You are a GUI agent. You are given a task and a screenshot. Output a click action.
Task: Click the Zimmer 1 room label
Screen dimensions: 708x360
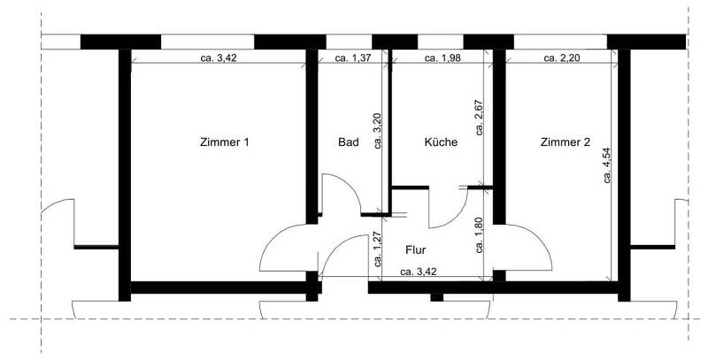(225, 142)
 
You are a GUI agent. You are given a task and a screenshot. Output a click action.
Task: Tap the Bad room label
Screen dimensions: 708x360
(349, 142)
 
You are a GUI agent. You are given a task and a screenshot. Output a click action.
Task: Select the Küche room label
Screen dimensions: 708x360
(441, 142)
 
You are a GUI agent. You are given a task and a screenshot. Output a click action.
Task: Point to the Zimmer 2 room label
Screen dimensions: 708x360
(566, 142)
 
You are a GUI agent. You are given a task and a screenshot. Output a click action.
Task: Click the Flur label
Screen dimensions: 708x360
(415, 250)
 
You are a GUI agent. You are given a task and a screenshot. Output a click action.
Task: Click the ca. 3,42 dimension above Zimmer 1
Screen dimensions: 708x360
(219, 57)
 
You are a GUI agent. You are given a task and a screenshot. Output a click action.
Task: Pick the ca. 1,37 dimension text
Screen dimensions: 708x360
(354, 57)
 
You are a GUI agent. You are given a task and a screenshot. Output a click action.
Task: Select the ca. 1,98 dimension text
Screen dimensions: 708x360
(442, 57)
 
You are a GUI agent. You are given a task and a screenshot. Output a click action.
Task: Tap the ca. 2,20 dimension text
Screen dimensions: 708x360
(562, 57)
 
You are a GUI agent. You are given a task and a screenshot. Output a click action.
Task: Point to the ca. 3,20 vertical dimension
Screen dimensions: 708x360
(379, 130)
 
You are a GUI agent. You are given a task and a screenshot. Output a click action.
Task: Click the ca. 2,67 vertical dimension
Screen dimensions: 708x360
(480, 118)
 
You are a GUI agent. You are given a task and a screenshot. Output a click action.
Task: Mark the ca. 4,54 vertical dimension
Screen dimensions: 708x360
(607, 165)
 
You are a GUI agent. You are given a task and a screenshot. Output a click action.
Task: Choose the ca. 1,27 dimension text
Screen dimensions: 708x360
(379, 249)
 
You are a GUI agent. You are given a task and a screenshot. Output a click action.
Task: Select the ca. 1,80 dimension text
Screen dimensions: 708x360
(480, 234)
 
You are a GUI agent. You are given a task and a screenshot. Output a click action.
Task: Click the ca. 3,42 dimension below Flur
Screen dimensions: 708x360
(419, 272)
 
